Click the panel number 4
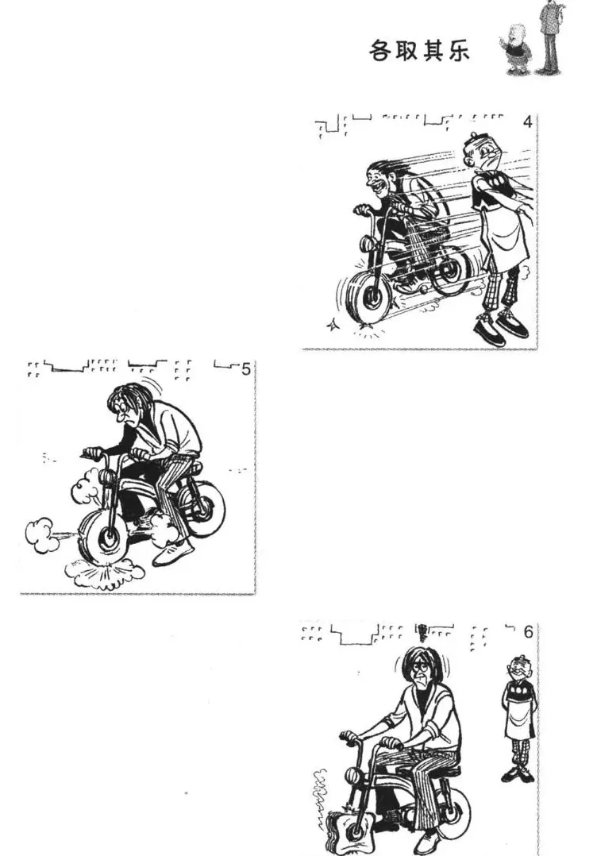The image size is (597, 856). (x=526, y=121)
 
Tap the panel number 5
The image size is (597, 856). (x=246, y=369)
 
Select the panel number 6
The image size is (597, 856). (x=528, y=631)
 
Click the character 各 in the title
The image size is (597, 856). (x=382, y=51)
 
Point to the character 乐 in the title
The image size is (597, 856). (x=457, y=51)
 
